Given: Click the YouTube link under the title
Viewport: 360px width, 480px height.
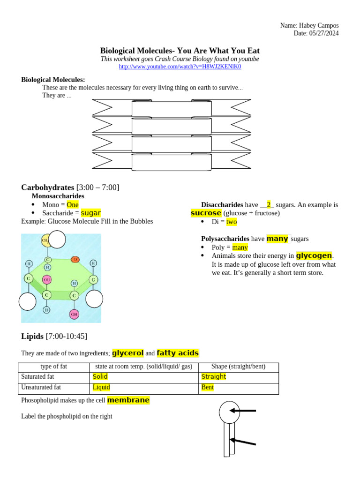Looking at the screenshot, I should point(180,67).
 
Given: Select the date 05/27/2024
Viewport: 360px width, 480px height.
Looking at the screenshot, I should point(323,33).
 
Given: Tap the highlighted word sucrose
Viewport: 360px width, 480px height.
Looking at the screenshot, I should point(206,213).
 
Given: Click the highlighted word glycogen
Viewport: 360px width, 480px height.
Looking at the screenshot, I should point(314,255).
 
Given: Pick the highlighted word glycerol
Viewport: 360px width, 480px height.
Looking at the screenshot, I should point(127,353).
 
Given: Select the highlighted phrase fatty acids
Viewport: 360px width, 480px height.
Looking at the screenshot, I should point(178,353).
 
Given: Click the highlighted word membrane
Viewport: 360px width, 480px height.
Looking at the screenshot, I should point(128,400).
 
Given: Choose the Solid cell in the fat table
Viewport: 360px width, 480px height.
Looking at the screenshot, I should point(100,376).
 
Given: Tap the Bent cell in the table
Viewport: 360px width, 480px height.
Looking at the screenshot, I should point(208,387).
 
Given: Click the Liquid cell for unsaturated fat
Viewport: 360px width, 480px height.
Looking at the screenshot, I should point(101,387).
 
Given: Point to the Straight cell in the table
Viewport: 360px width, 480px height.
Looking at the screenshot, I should point(214,376).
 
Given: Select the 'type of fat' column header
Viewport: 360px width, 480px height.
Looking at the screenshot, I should point(53,367).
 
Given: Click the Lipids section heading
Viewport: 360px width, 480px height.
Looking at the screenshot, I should point(32,336).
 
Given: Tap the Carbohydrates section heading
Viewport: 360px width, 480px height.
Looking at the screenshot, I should point(47,187).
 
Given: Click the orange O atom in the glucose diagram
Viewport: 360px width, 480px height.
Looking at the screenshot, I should point(75,259).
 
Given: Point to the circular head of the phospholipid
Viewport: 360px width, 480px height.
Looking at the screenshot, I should point(229,412).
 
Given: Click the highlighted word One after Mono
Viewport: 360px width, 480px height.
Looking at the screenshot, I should point(73,205).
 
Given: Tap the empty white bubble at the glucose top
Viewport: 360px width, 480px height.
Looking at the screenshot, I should point(57,240).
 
